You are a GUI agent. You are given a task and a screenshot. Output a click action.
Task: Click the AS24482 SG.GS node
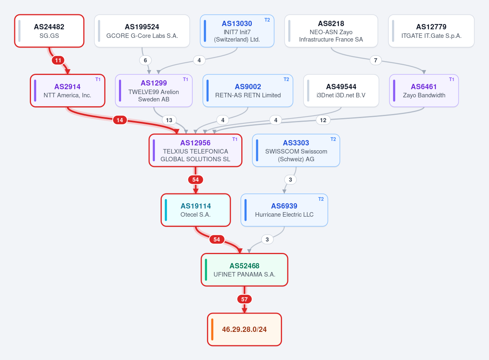pos(49,31)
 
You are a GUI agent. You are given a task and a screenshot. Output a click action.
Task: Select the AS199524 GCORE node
pos(142,31)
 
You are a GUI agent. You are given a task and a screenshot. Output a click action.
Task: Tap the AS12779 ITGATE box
pos(431,31)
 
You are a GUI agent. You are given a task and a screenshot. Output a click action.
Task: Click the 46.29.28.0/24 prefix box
pos(244,329)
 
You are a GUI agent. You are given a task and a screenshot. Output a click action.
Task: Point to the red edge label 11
pos(58,60)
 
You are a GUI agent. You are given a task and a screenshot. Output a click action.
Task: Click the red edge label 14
pos(120,120)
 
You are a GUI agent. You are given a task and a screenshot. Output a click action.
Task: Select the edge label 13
pos(169,120)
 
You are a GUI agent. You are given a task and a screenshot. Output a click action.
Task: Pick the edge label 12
pos(323,120)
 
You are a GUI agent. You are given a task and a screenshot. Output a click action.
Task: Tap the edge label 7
pos(375,60)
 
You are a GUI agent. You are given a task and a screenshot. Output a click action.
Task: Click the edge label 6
pos(145,60)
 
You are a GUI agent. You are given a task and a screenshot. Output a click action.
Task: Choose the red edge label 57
pos(244,299)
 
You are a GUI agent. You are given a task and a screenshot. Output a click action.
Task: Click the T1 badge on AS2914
pos(98,79)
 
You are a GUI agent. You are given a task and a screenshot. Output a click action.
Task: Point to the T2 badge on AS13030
pos(267,20)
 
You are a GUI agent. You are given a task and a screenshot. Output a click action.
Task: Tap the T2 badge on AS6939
pos(321,199)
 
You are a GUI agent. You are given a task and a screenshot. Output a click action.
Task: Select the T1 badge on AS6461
pos(452,79)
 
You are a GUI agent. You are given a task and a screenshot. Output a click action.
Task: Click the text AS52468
pos(244,266)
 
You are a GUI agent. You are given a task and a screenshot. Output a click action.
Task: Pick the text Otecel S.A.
pos(196,215)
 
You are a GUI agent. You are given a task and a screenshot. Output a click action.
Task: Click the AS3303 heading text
pos(296,143)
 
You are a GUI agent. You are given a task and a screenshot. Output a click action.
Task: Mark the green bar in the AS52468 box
pos(206,270)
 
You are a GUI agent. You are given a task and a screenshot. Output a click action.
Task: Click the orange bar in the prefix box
pos(212,329)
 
